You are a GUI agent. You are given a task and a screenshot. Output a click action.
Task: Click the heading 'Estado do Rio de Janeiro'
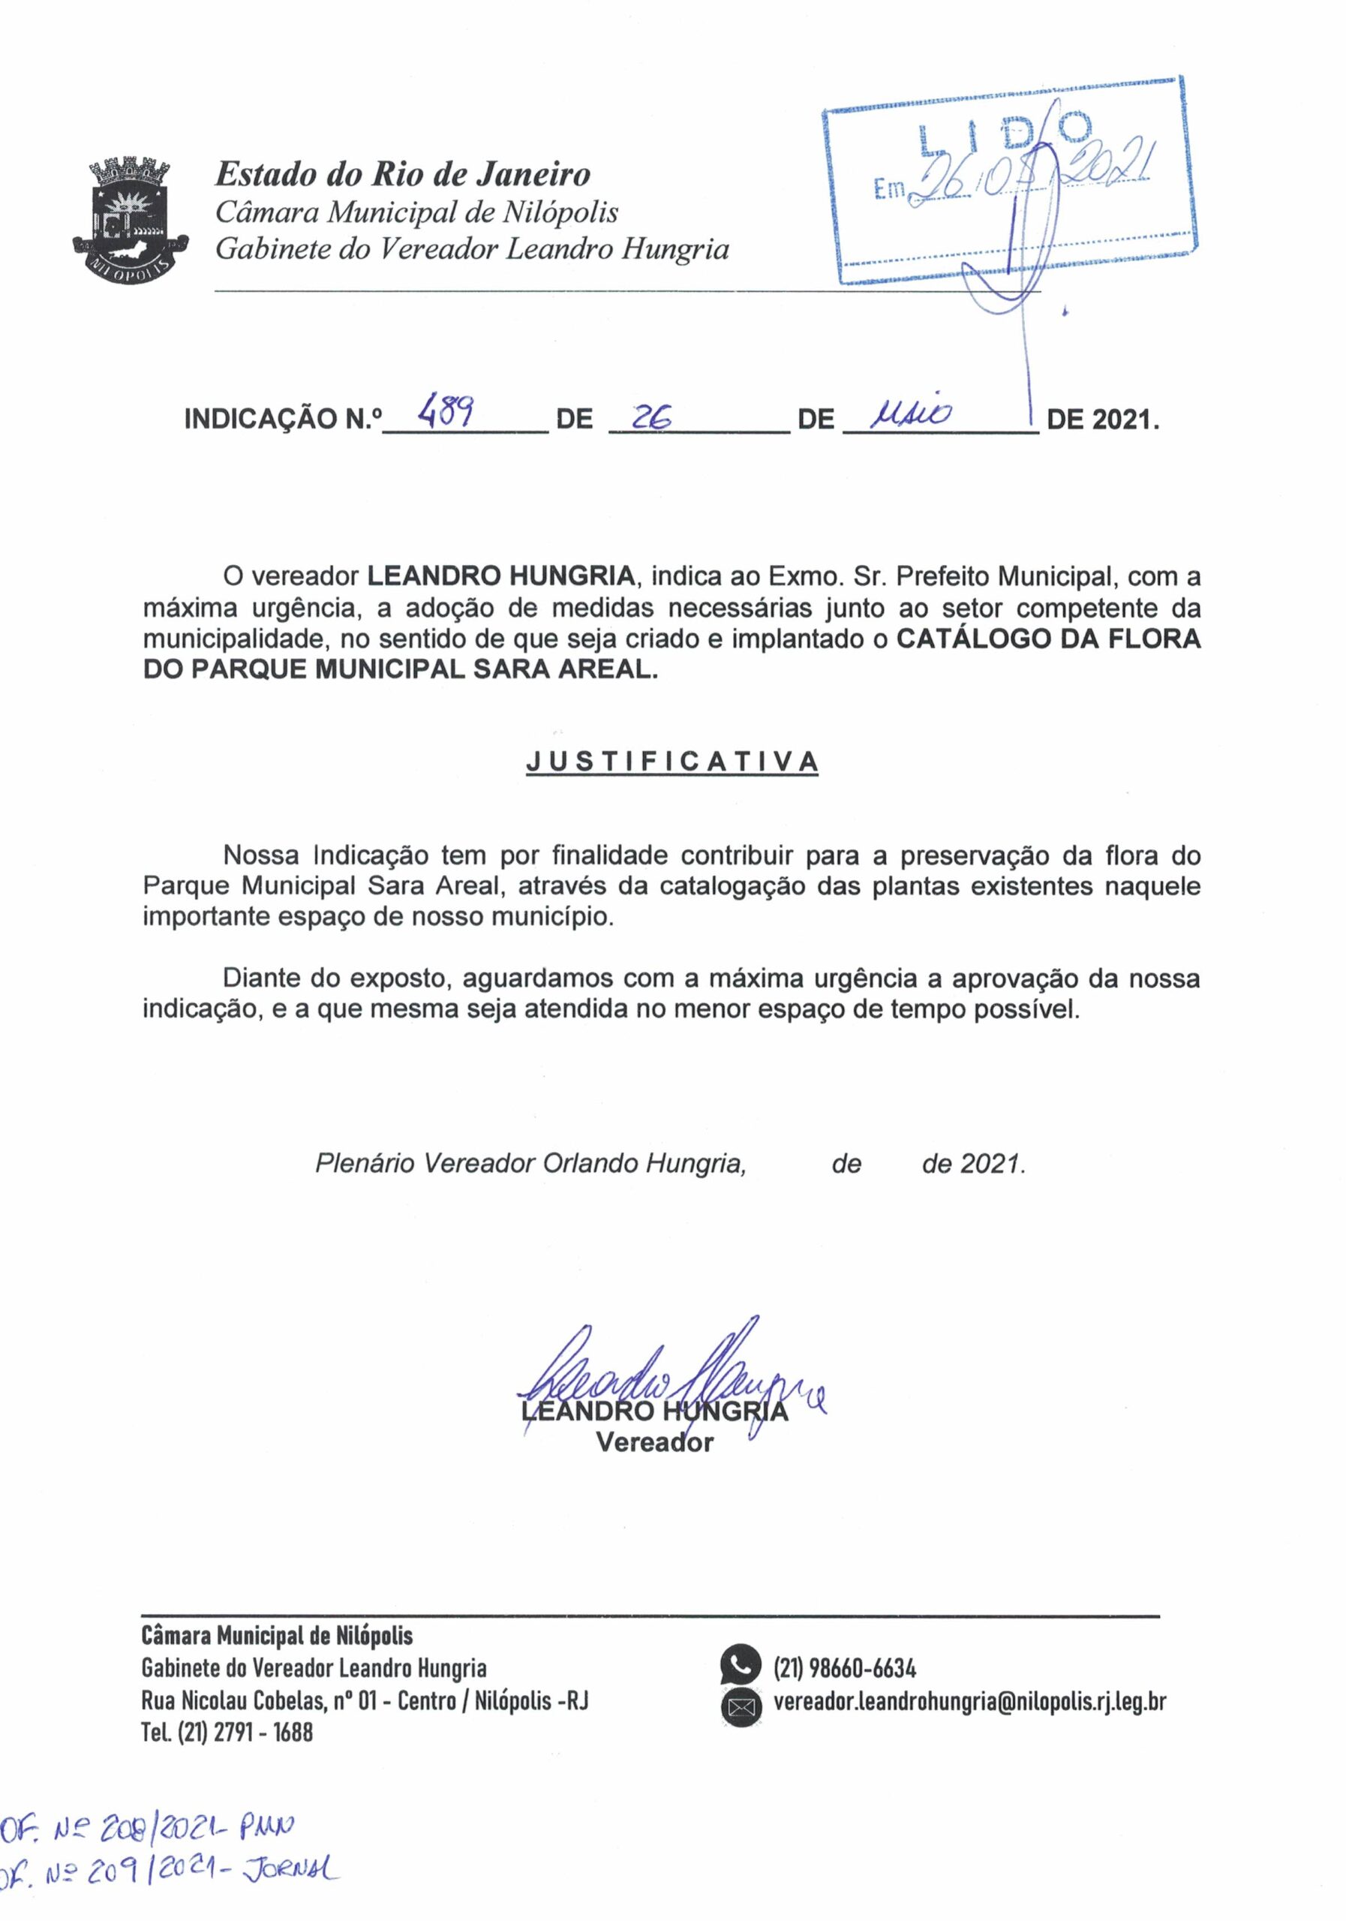(402, 174)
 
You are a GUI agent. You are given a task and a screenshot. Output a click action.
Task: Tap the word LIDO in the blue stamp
(1003, 134)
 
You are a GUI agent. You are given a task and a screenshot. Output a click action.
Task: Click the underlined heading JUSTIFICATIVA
(671, 762)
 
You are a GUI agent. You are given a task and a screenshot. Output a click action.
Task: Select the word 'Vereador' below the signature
(654, 1442)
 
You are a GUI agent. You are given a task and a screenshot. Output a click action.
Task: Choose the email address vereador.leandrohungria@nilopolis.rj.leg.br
(969, 1701)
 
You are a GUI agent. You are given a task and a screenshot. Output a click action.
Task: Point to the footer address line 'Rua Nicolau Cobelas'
(365, 1701)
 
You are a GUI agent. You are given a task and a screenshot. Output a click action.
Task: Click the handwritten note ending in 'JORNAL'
(167, 1893)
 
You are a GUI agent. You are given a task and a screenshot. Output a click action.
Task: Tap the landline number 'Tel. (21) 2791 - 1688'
(227, 1732)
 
